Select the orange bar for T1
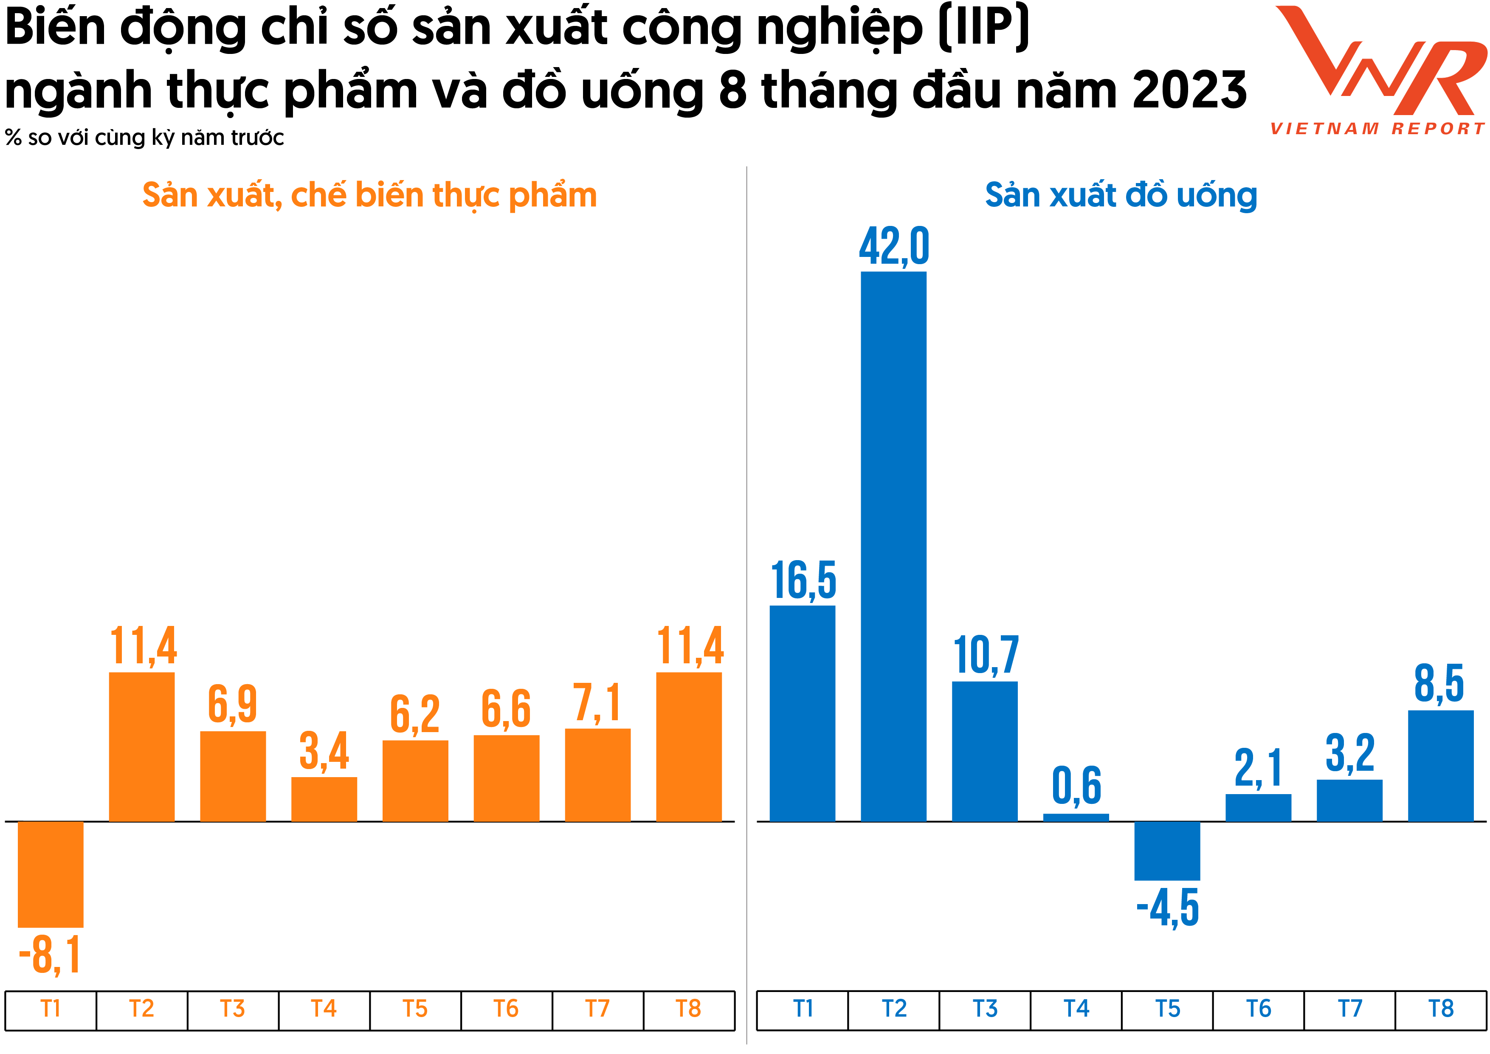point(51,874)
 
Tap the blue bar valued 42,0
point(893,545)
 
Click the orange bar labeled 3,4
point(324,799)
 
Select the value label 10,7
point(985,656)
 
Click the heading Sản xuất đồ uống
point(1121,195)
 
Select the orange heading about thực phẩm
point(369,195)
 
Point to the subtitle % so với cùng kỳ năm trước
point(144,138)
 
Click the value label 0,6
point(1076,785)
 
